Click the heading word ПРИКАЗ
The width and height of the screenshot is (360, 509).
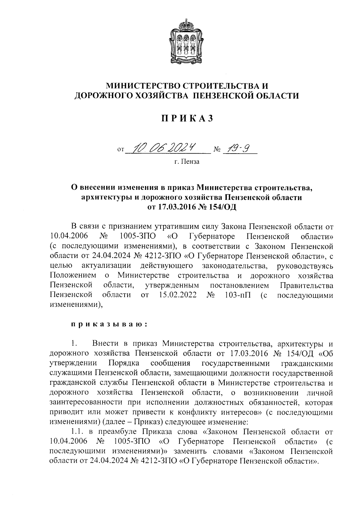(187, 119)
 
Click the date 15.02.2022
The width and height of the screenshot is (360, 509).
(176, 295)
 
